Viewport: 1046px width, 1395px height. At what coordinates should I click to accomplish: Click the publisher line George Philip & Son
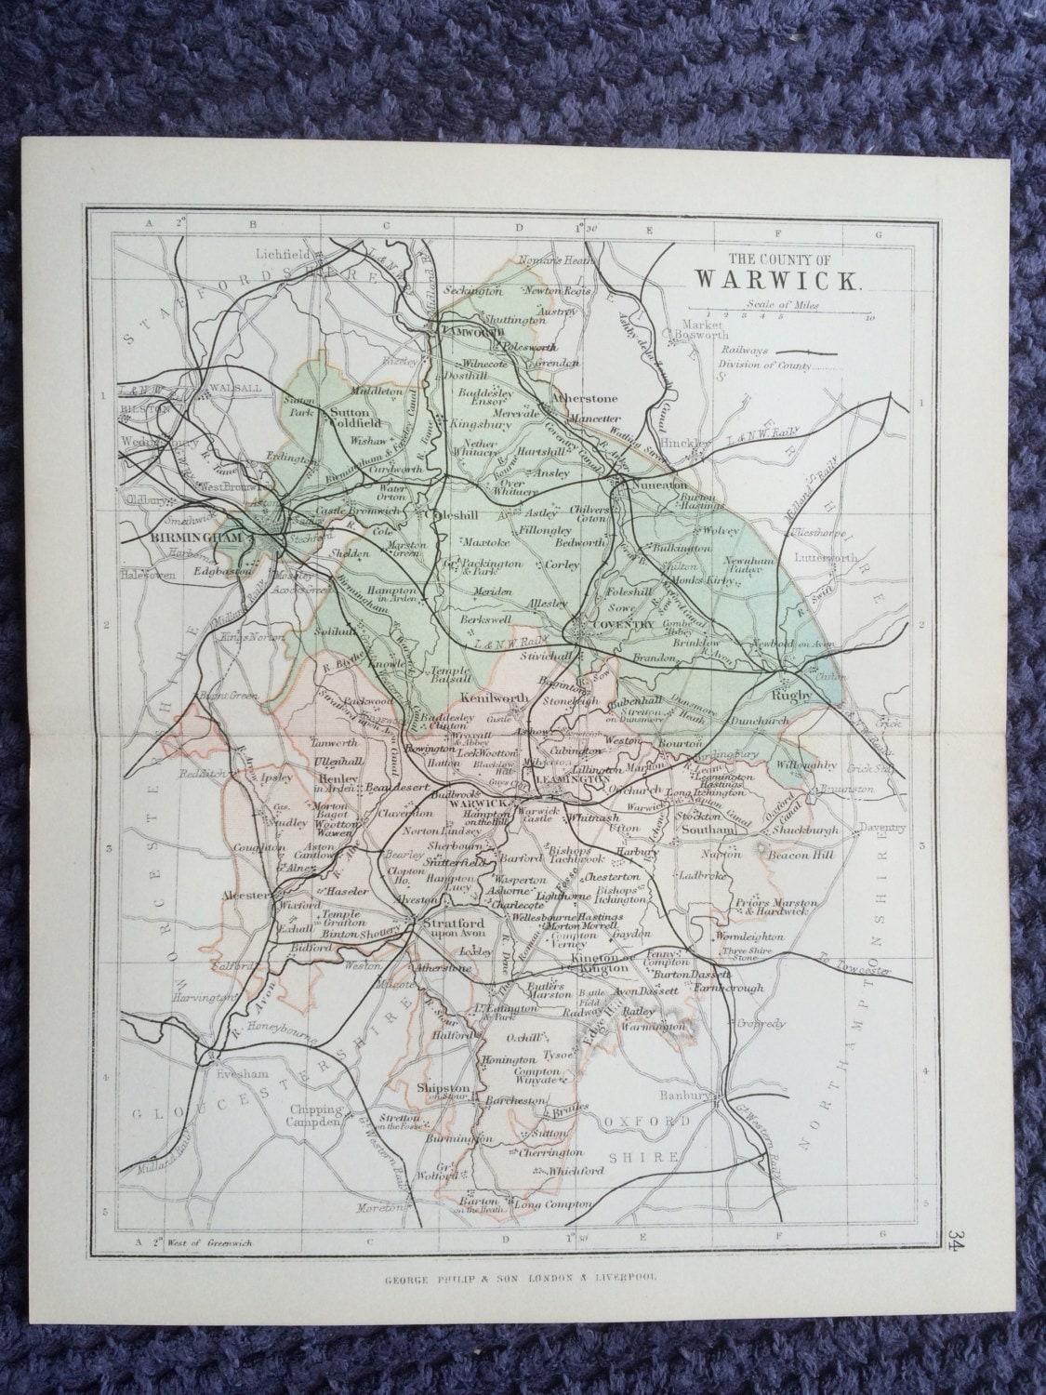(x=521, y=1277)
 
